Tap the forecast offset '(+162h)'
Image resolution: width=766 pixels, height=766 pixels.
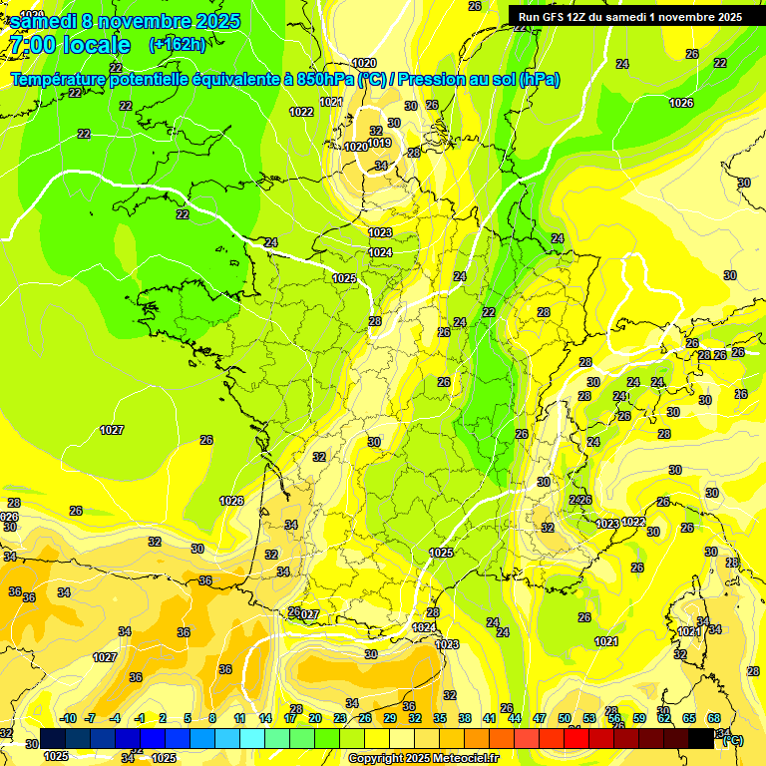pos(178,45)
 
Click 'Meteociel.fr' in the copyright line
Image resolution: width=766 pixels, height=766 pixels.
pos(465,759)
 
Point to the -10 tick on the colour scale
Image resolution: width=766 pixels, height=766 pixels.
pos(68,718)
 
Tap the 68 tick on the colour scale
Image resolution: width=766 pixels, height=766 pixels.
pos(714,718)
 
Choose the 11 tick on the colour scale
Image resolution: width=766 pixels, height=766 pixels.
pos(240,718)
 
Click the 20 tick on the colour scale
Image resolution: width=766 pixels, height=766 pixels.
pos(315,718)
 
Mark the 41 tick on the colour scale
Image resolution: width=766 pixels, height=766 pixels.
pos(490,718)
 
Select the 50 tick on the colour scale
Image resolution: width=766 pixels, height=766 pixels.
pos(565,718)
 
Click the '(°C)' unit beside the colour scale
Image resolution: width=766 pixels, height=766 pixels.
pos(733,739)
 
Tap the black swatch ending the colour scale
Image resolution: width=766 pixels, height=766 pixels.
pos(702,738)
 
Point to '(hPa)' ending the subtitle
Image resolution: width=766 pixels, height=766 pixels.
pos(539,80)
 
